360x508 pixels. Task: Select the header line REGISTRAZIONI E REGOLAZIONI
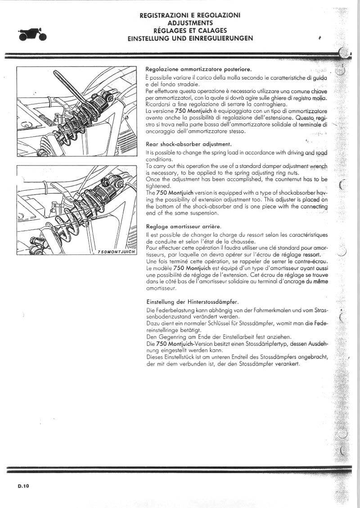pos(190,15)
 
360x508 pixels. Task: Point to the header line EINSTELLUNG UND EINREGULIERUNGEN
pos(190,38)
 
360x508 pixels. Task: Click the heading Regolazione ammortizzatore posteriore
pos(198,69)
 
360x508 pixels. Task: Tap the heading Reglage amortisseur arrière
pos(184,226)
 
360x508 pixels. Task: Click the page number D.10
pos(24,486)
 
